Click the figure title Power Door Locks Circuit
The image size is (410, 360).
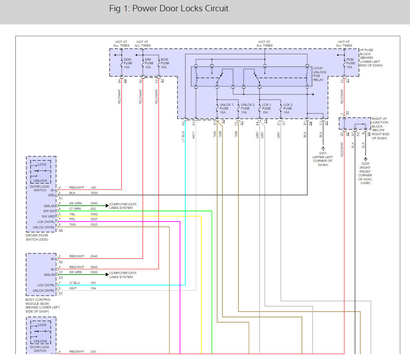pos(169,9)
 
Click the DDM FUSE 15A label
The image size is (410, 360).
pos(127,63)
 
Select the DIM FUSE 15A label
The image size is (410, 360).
pos(148,63)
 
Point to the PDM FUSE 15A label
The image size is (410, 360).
pos(349,63)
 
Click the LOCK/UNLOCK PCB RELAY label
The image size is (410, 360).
pos(319,73)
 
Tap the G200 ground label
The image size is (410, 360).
pos(366,172)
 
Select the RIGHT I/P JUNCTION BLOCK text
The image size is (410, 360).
pos(379,128)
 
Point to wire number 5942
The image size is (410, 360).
pos(94,214)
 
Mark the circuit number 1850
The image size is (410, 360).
pos(94,193)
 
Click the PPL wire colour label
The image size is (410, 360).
pos(72,219)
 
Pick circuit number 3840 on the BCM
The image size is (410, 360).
pos(94,267)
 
